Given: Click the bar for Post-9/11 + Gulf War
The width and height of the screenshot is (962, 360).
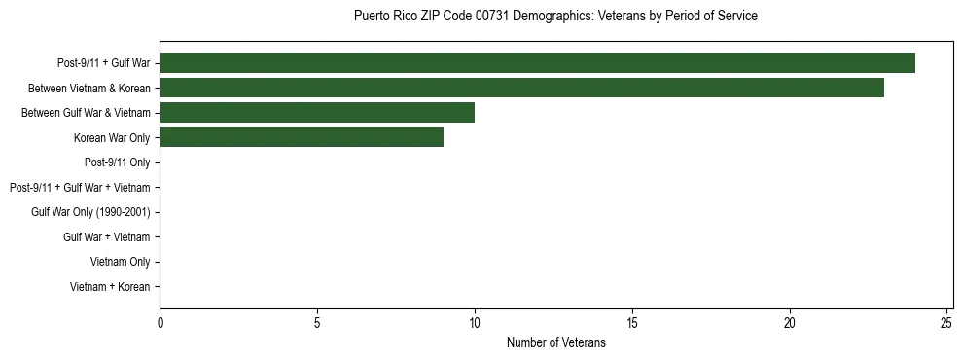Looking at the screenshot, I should tap(537, 63).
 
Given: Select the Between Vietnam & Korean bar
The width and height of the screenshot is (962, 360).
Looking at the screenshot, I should tap(521, 88).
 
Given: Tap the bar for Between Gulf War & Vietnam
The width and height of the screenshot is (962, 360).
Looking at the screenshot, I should tap(317, 113).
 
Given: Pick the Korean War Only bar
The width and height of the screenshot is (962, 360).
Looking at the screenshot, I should tap(302, 137).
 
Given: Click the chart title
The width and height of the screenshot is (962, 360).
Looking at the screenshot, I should tap(555, 17).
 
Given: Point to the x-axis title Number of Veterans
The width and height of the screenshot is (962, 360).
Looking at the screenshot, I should tap(555, 343).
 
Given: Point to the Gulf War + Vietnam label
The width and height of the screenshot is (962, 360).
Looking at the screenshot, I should tap(106, 236).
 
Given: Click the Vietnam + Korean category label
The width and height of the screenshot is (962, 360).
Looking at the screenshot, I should tap(110, 287).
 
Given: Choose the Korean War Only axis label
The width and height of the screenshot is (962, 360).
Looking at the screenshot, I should tap(111, 137).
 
